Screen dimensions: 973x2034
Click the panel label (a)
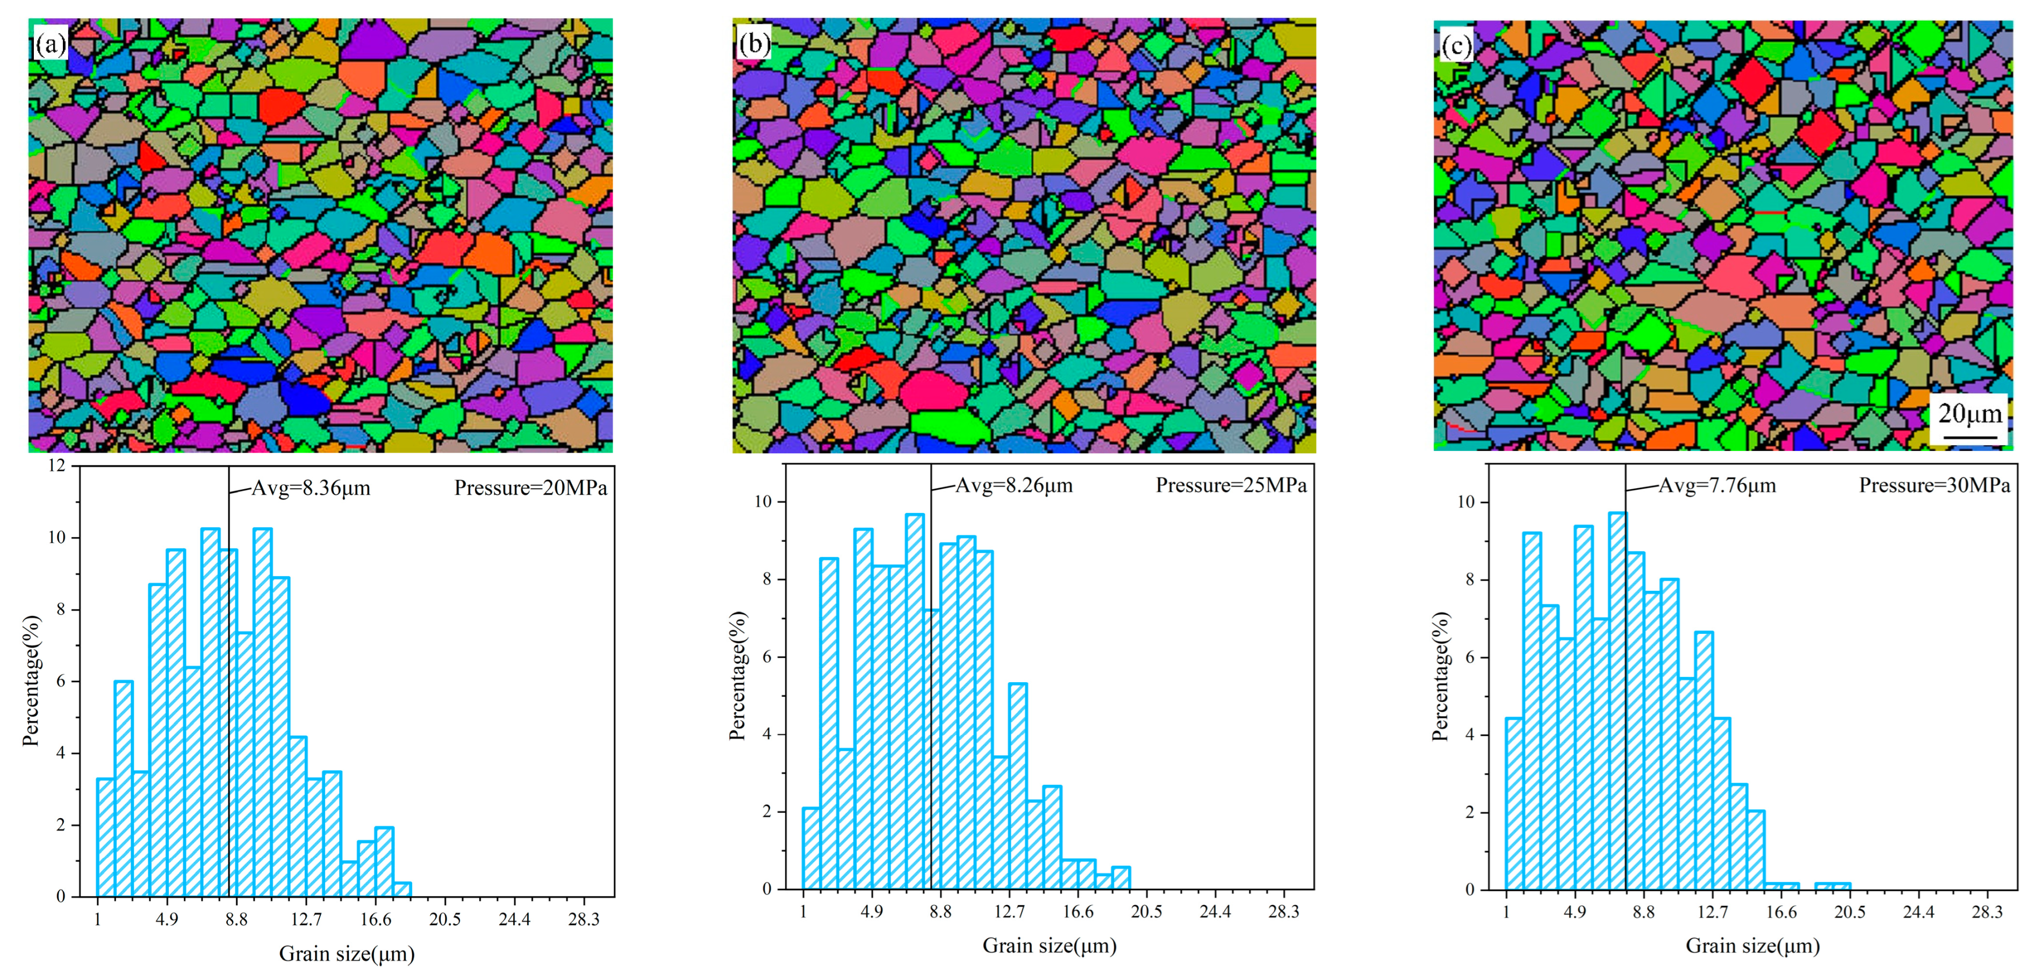51,44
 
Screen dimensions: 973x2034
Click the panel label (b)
753,44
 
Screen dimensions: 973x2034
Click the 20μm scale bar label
1970,413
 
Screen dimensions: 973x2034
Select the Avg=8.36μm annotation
310,488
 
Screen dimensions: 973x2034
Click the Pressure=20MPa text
530,488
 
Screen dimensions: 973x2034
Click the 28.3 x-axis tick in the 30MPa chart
1987,912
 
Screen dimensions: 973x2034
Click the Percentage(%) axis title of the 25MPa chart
737,675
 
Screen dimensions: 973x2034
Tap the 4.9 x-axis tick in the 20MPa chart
167,919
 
